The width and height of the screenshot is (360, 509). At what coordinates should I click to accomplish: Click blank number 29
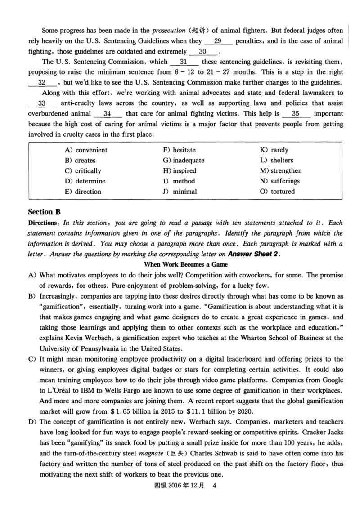coord(218,41)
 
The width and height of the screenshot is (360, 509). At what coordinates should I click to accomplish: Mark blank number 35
coord(296,113)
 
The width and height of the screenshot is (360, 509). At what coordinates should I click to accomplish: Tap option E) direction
coord(83,192)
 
